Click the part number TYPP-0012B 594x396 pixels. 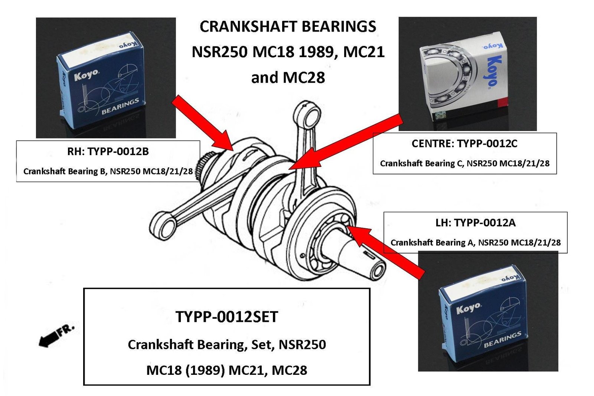[118, 151]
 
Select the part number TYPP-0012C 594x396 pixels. [487, 144]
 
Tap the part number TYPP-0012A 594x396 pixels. [485, 223]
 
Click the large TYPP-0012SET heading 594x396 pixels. [226, 317]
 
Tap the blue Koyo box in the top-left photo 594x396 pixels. [100, 80]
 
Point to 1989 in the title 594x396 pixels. [318, 52]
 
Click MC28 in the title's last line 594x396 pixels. [304, 78]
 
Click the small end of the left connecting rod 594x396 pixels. [163, 224]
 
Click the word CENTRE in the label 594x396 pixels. [432, 144]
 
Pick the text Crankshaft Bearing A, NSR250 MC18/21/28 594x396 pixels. [475, 243]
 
